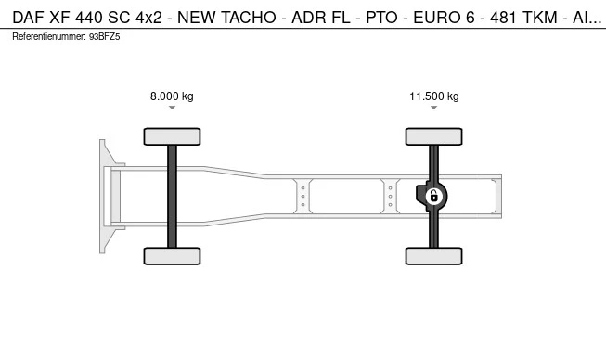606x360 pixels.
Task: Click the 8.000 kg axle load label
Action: click(x=172, y=96)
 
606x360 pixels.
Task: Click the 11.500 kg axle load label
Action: click(x=434, y=96)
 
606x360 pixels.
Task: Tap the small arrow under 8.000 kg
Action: click(x=172, y=108)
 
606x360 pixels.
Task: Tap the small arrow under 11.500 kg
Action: click(x=434, y=108)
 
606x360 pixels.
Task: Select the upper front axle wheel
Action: click(x=172, y=136)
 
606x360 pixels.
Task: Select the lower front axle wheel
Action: click(x=172, y=256)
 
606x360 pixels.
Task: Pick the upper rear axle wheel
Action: click(x=434, y=136)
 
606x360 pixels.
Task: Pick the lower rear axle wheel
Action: click(x=434, y=256)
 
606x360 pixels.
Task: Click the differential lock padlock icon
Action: click(x=434, y=196)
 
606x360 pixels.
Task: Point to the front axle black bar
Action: click(x=172, y=197)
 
